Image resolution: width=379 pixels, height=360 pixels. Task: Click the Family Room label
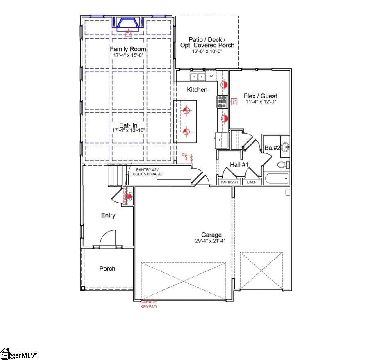click(128, 49)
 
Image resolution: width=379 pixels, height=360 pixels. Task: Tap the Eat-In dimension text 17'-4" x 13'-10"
click(129, 130)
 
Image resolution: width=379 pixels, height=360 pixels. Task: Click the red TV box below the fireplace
click(128, 33)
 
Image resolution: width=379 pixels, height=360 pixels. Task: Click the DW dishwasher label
click(211, 76)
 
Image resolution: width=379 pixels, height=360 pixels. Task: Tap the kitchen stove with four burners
click(222, 102)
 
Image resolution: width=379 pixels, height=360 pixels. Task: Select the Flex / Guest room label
click(260, 96)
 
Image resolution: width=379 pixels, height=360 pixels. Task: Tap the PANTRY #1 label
click(229, 182)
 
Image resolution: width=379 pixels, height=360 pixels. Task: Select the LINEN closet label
click(252, 182)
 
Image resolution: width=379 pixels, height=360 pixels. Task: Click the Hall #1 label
click(239, 164)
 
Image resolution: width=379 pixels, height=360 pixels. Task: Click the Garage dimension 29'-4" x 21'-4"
click(211, 241)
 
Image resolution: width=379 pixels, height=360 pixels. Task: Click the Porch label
click(107, 269)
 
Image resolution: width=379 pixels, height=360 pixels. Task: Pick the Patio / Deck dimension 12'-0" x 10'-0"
click(207, 52)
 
